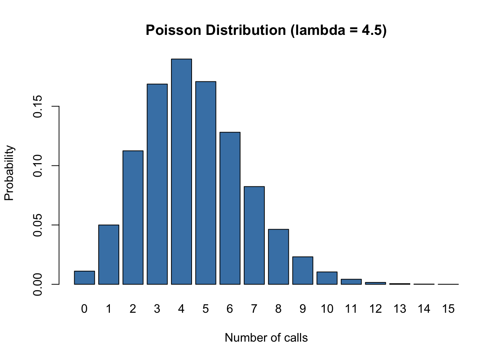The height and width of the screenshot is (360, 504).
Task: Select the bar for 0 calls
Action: coord(84,277)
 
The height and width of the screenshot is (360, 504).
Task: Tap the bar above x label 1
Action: coord(109,255)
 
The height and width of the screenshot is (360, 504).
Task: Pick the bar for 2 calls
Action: coord(133,217)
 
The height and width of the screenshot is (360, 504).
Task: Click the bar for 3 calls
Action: coord(157,184)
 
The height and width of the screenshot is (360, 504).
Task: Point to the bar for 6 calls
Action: coord(230,208)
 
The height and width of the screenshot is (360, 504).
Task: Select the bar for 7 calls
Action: coord(254,235)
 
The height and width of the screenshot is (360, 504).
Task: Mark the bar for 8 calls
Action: coord(278,256)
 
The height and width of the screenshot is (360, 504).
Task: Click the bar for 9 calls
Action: coord(303,270)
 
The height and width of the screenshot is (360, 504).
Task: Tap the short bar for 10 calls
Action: coord(327,278)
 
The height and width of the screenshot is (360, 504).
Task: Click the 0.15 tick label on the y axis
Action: coord(37,106)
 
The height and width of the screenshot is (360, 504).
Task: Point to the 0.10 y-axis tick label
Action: coord(37,166)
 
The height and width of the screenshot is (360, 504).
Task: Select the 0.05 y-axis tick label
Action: coord(37,225)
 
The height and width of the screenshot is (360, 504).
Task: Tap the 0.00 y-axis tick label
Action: coord(37,284)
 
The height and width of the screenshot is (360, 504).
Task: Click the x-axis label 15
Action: coord(448,309)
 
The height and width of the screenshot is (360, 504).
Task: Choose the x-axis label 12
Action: coord(375,309)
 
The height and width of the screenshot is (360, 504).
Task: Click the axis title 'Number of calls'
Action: coord(266,338)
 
